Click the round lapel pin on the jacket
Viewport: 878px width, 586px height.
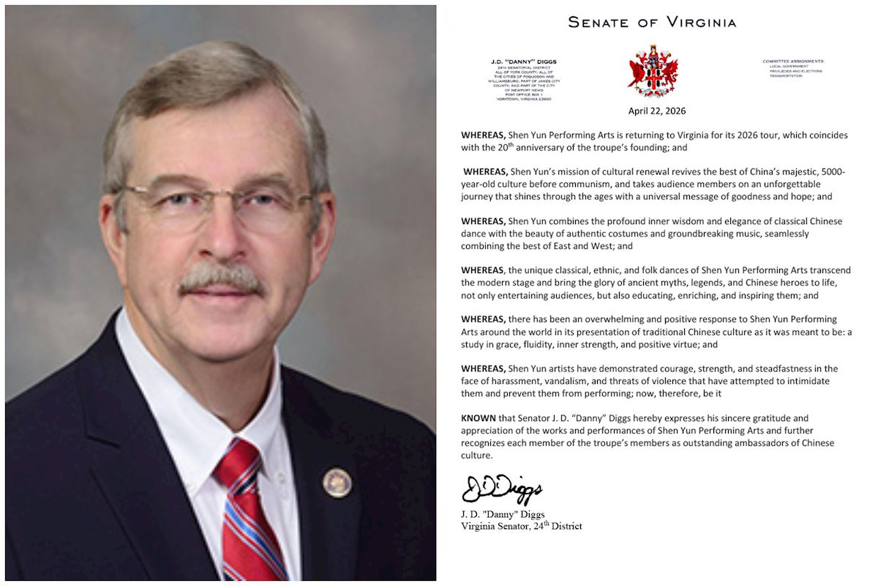point(337,483)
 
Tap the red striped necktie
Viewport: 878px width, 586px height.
point(249,513)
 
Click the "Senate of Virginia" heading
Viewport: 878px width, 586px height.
point(652,22)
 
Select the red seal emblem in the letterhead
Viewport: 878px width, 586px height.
point(653,70)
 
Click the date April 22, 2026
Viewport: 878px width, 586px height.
point(656,111)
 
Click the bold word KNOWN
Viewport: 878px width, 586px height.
point(479,418)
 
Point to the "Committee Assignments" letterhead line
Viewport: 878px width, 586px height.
point(793,61)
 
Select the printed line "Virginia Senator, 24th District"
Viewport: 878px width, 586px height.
point(521,525)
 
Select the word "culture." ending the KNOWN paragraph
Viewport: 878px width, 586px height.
point(476,456)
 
